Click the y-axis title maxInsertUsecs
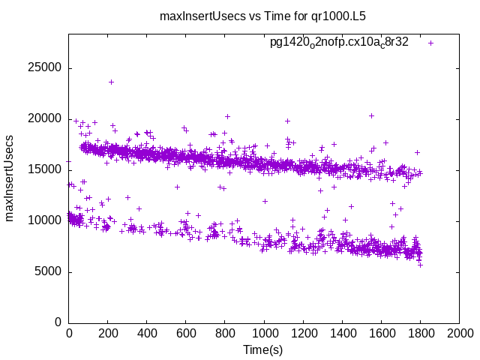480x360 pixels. point(10,177)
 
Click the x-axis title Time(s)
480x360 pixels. point(262,350)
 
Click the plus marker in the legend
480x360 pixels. point(430,43)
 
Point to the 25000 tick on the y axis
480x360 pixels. point(46,67)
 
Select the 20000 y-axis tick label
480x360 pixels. point(46,118)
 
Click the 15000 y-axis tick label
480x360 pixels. point(46,169)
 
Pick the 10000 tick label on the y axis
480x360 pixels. point(46,220)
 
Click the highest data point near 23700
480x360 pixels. point(112,82)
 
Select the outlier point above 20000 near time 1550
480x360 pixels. point(371,115)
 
